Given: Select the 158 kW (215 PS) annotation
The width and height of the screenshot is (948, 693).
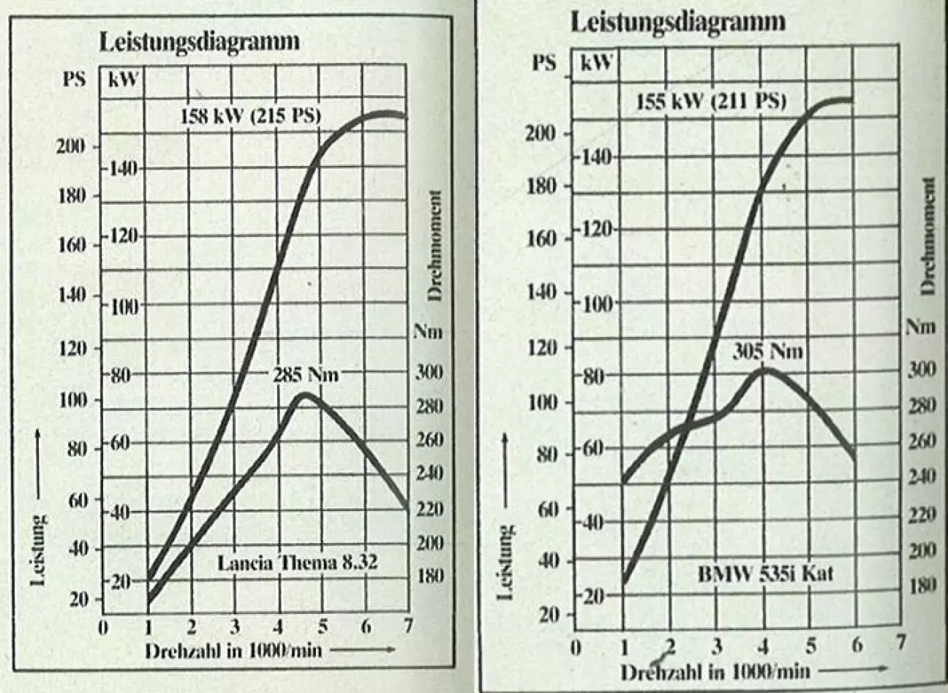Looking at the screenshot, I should coord(251,116).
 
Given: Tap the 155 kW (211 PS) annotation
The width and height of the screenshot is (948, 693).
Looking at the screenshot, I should coord(711,101).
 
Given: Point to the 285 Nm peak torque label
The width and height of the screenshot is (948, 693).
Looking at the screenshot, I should coord(306,375).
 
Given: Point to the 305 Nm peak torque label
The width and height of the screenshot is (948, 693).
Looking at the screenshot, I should coord(767,352).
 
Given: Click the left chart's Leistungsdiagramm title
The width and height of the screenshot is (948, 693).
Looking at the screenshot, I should coord(199,41).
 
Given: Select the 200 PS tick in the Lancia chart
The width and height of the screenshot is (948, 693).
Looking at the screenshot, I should coord(72,146).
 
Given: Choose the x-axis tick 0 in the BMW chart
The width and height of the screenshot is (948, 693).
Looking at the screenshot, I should coord(577,646).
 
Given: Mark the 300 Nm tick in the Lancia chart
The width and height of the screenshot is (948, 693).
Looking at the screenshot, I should coord(429,372).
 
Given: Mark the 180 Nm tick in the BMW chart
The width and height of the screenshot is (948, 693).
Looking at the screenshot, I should coord(920,586).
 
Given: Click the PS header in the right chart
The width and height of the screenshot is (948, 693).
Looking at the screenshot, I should coord(543,62).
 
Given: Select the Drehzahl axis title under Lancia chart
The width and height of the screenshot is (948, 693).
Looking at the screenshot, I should coord(233,650).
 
